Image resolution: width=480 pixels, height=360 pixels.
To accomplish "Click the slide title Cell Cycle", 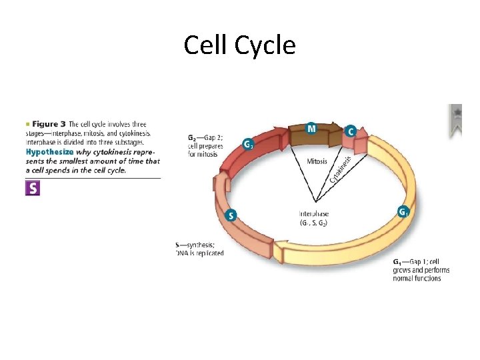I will point(239,45).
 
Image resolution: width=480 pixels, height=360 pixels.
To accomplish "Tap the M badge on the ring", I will point(311,128).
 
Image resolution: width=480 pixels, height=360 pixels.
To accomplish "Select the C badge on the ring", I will point(351,131).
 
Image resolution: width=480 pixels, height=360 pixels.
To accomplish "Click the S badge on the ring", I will point(231,215).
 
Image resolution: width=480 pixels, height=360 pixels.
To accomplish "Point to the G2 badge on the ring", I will point(248,144).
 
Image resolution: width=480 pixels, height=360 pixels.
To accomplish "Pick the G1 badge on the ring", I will point(403,212).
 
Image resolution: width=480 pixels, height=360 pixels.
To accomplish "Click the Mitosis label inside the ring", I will point(317,161).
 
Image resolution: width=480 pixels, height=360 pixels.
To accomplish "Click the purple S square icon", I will point(32,188).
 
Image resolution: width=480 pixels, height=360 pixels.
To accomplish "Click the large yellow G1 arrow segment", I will point(393,173).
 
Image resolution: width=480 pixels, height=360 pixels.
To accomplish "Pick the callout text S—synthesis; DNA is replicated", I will point(199,249).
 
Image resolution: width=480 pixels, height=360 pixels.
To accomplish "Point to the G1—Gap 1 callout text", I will point(420,269).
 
